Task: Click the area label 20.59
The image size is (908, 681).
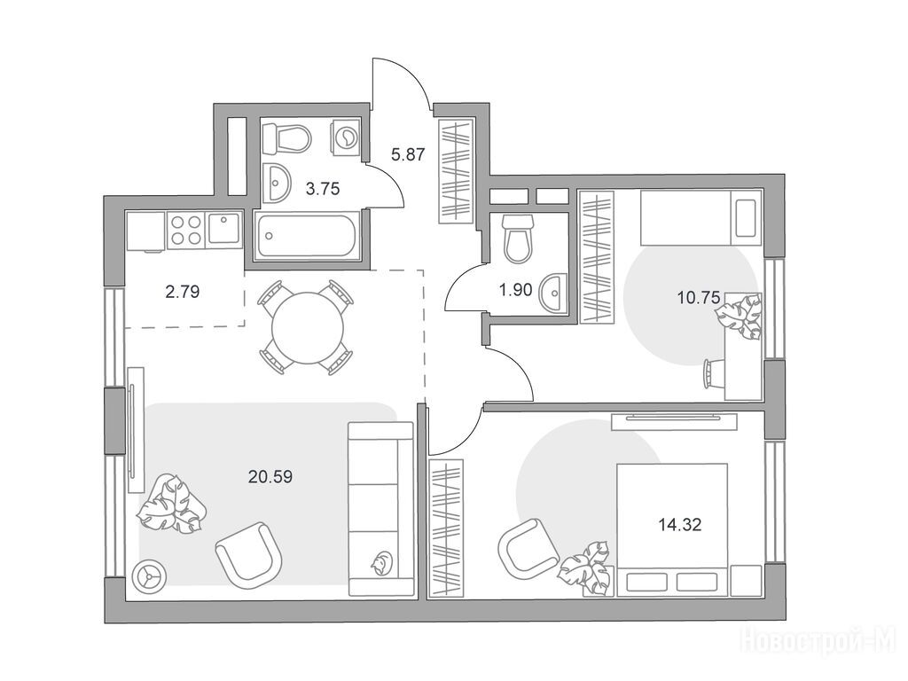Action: pyautogui.click(x=270, y=476)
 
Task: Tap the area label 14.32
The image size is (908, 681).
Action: pyautogui.click(x=680, y=525)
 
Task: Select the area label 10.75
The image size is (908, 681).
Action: pyautogui.click(x=699, y=298)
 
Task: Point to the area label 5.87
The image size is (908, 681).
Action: pyautogui.click(x=408, y=154)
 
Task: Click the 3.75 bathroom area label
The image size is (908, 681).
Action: pyautogui.click(x=323, y=188)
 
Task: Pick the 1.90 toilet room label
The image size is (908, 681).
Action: pyautogui.click(x=515, y=290)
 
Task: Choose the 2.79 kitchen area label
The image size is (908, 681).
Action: pyautogui.click(x=183, y=291)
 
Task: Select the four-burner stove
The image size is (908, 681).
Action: pyautogui.click(x=185, y=230)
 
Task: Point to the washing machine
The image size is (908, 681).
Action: pyautogui.click(x=347, y=137)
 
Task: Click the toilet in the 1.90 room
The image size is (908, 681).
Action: pyautogui.click(x=518, y=238)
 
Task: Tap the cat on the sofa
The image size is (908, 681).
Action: pyautogui.click(x=381, y=563)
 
